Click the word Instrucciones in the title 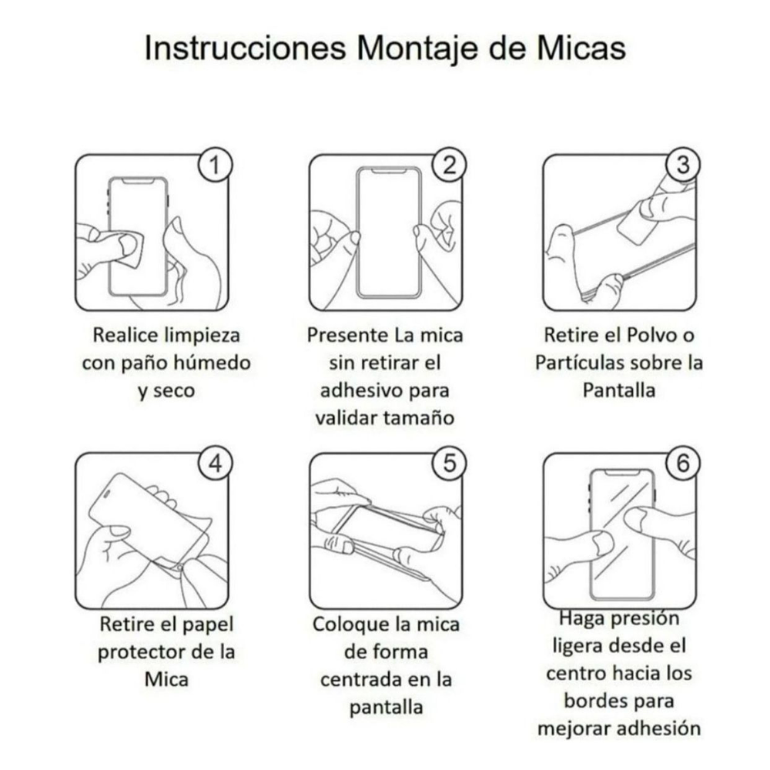tap(246, 48)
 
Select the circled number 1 tap(215, 165)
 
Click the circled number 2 tap(449, 165)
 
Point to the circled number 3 tap(682, 165)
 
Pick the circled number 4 tap(215, 464)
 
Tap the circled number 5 tap(449, 464)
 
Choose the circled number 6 tap(682, 464)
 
